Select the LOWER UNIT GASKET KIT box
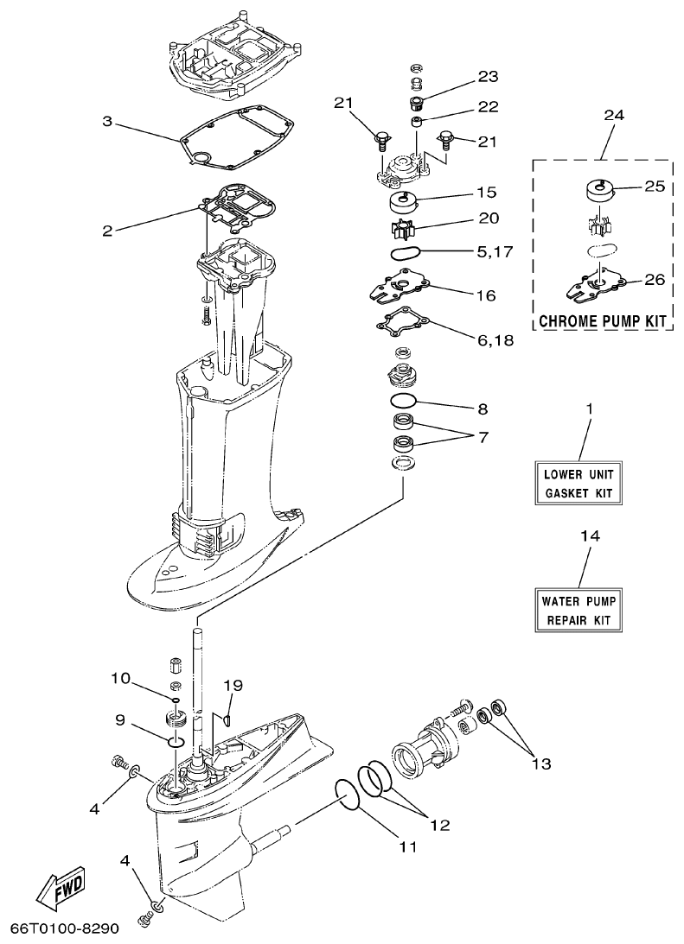(578, 485)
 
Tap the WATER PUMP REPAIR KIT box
(578, 611)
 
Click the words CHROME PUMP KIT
(604, 321)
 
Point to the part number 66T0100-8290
(64, 928)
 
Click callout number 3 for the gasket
(107, 122)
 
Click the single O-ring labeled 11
(347, 795)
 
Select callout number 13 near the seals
(540, 763)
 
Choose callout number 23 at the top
(488, 78)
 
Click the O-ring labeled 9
(176, 741)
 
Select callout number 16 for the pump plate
(486, 295)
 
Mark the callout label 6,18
(495, 340)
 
